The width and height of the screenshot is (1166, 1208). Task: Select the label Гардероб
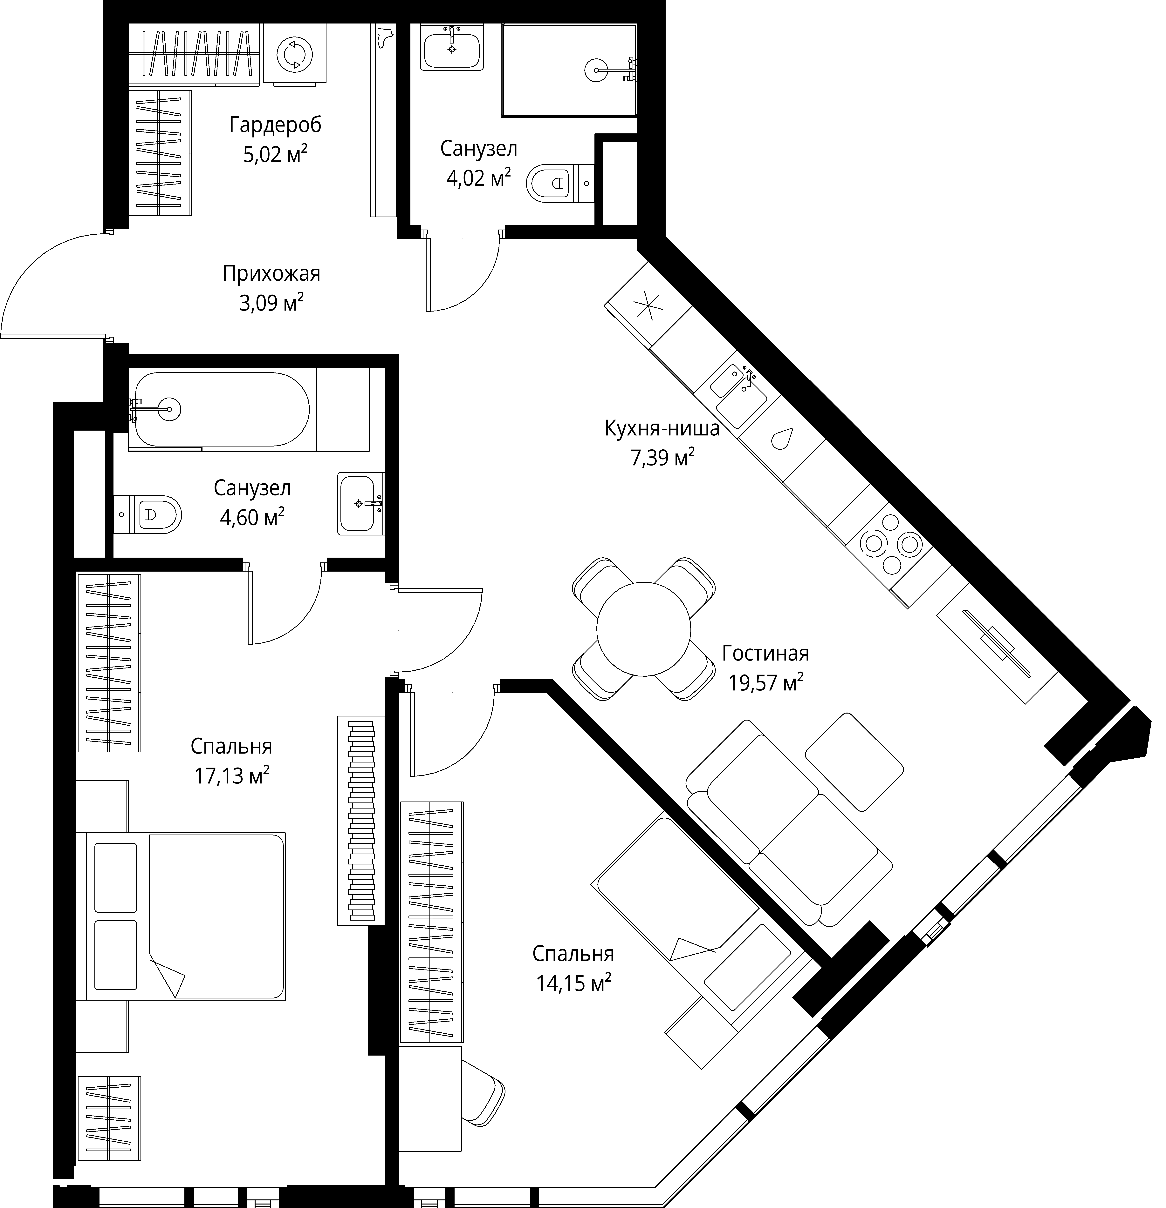[x=276, y=125]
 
